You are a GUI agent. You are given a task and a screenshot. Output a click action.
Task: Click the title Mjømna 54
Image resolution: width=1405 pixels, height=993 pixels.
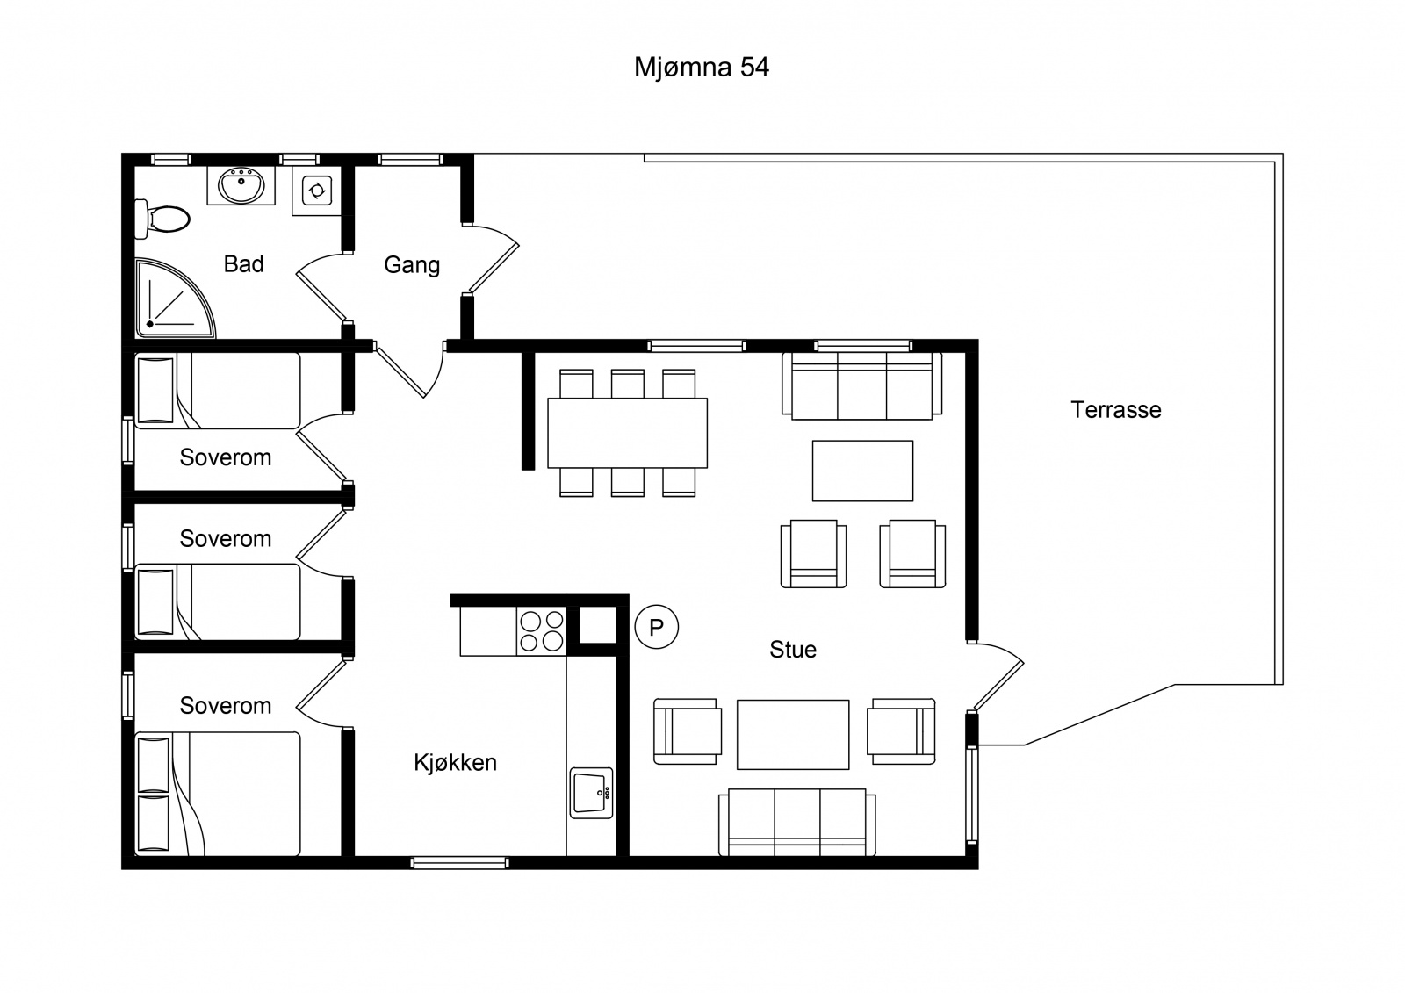(702, 68)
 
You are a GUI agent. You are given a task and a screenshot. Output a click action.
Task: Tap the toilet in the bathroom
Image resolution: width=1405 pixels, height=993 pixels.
(162, 219)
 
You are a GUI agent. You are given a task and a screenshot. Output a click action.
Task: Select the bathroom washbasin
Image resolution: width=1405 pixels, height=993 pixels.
(241, 185)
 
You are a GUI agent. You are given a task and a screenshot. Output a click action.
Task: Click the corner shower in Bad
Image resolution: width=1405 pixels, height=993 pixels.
(175, 299)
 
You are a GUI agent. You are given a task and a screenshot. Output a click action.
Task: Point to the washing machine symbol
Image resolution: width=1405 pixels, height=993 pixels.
(316, 190)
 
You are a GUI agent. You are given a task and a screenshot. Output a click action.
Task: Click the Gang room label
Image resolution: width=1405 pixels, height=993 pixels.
(412, 265)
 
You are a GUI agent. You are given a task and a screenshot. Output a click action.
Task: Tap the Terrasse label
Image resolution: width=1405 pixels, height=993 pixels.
(1116, 410)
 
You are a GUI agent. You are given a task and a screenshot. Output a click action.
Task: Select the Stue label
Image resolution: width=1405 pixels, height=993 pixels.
(793, 649)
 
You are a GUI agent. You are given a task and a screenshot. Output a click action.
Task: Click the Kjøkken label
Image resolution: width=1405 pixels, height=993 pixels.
(456, 762)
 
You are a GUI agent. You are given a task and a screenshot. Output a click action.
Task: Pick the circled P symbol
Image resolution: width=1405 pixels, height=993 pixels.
(657, 627)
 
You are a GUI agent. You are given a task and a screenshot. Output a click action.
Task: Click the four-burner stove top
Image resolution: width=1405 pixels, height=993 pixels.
(541, 631)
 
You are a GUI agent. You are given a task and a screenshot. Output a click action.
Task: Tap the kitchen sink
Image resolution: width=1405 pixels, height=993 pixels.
(592, 793)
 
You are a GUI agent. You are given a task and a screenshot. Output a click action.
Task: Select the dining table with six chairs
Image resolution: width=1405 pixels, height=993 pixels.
(627, 433)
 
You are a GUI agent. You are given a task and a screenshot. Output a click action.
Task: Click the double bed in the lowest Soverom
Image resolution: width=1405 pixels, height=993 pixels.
(217, 794)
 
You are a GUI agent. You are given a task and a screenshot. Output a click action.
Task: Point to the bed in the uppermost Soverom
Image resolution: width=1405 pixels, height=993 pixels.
(217, 391)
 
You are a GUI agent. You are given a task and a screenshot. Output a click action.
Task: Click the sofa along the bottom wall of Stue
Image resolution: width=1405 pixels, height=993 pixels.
(796, 823)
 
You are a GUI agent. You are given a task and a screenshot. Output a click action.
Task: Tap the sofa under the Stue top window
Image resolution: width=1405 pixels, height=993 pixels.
(861, 385)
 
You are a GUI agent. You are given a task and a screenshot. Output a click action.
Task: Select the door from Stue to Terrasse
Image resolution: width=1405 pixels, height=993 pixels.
(996, 676)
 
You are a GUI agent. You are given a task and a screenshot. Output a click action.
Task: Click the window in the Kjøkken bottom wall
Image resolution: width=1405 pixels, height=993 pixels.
(459, 863)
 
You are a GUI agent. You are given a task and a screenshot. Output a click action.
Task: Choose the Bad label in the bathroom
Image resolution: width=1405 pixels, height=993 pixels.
(243, 264)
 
